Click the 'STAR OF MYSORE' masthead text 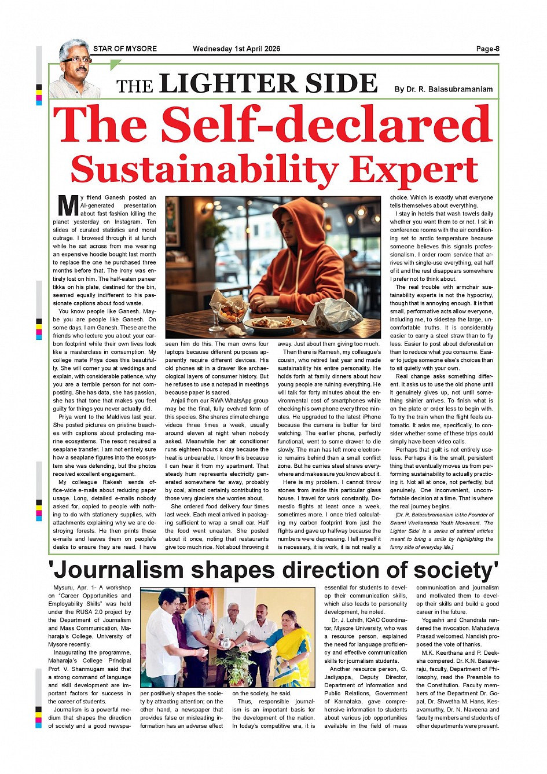tap(124, 49)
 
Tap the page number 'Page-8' tap(487, 49)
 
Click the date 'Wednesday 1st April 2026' tap(236, 49)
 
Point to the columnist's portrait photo tap(74, 68)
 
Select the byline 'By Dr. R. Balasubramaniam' tap(443, 89)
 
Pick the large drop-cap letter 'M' tap(68, 206)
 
